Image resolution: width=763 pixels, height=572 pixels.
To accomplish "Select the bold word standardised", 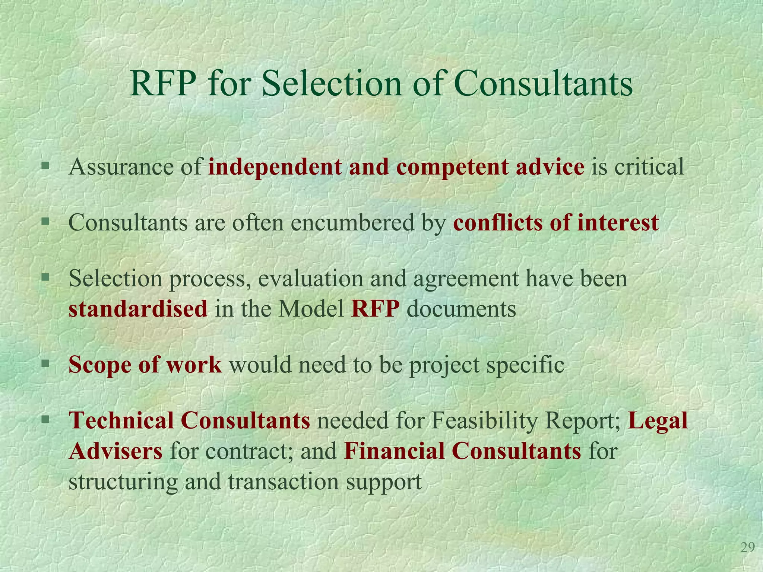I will point(138,309).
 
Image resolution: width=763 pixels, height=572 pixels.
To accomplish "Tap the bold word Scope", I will point(99,365).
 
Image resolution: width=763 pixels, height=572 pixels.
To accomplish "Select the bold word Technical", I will point(121,420).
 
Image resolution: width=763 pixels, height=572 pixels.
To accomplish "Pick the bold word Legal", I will point(658,421).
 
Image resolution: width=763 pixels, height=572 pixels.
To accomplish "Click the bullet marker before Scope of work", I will point(45,363).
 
